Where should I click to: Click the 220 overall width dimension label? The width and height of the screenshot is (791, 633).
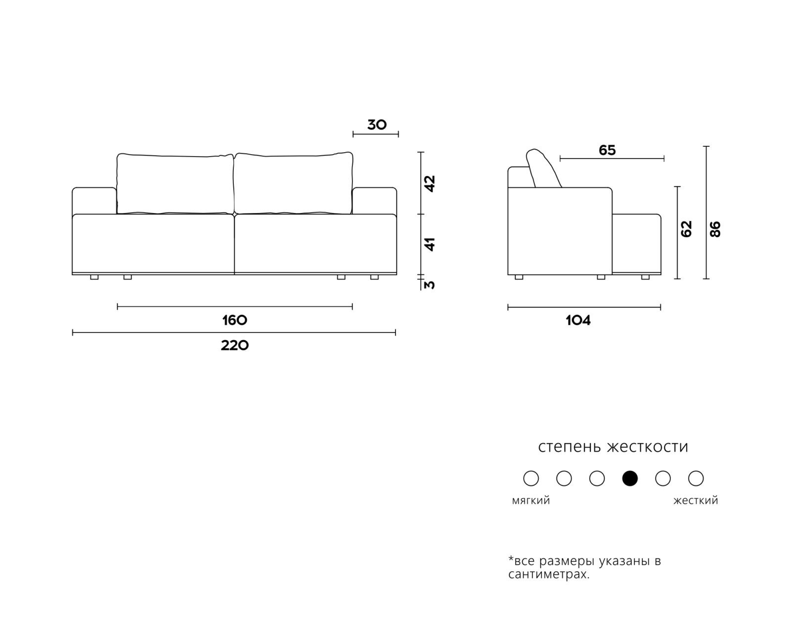(234, 345)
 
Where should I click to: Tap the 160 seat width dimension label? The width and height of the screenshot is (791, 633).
(234, 320)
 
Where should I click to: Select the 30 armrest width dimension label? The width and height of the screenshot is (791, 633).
(377, 125)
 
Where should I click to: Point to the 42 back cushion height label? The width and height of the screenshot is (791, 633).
(430, 183)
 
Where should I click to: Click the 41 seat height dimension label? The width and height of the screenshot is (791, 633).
(430, 244)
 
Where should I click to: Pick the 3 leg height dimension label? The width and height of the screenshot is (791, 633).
(430, 285)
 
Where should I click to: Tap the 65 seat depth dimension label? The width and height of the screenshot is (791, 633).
(607, 150)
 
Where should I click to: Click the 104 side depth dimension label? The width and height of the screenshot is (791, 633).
(578, 320)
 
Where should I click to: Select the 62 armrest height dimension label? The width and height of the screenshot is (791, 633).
(686, 228)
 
